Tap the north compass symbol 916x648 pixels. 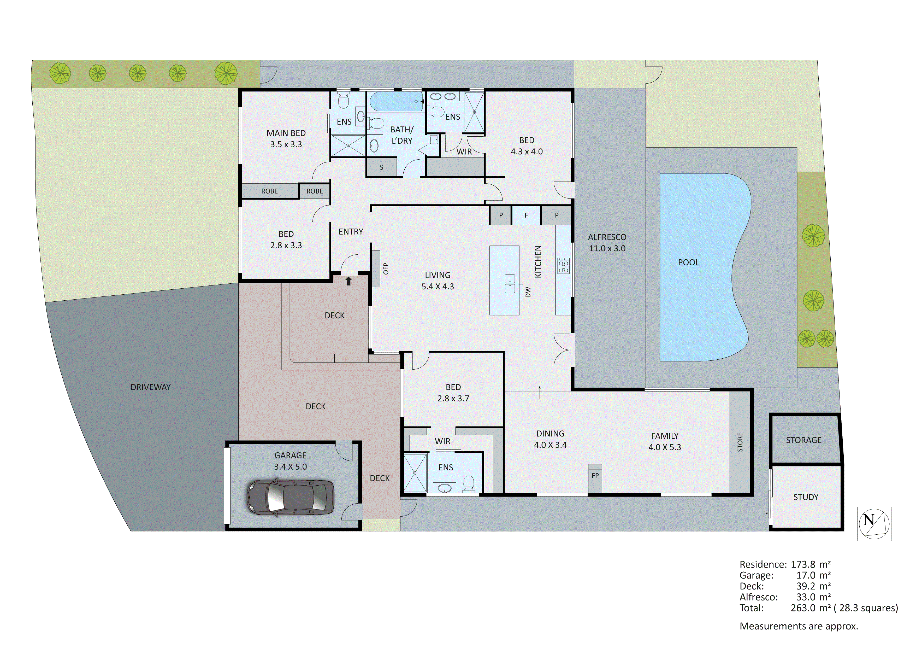pyautogui.click(x=874, y=524)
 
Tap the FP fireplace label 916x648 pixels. pyautogui.click(x=595, y=476)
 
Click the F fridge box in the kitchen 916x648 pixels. pyautogui.click(x=526, y=215)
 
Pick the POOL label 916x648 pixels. pyautogui.click(x=689, y=262)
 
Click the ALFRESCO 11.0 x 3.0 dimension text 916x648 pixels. pyautogui.click(x=607, y=248)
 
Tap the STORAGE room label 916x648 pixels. pyautogui.click(x=803, y=440)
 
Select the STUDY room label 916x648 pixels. pyautogui.click(x=806, y=497)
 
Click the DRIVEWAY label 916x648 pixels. pyautogui.click(x=150, y=387)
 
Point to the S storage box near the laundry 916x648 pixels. pyautogui.click(x=381, y=167)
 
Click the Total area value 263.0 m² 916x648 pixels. pyautogui.click(x=810, y=608)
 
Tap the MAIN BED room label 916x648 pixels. pyautogui.click(x=286, y=133)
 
